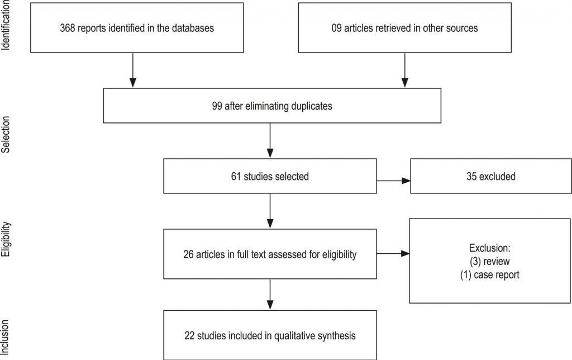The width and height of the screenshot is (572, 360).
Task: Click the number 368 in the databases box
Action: click(68, 28)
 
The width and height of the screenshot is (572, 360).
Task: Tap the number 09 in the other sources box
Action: click(336, 28)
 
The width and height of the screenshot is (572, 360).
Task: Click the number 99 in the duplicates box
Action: click(217, 106)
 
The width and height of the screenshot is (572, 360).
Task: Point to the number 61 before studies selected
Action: click(236, 177)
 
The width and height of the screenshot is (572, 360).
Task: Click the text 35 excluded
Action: click(490, 177)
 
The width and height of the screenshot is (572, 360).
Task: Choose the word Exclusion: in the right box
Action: click(489, 248)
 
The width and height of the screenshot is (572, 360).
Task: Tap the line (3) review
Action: click(489, 262)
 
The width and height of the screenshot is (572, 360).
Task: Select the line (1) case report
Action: click(489, 275)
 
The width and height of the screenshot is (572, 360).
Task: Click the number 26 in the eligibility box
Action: click(188, 254)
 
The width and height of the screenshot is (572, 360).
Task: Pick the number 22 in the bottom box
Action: click(189, 336)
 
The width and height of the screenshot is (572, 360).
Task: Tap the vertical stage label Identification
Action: click(6, 25)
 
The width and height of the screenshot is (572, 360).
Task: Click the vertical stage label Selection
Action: click(6, 134)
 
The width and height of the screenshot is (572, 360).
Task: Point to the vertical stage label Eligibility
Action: click(6, 239)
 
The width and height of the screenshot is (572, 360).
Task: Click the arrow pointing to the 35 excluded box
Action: click(393, 181)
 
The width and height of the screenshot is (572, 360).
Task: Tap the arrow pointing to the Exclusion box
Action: click(393, 253)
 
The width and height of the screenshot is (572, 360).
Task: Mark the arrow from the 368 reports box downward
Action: click(133, 70)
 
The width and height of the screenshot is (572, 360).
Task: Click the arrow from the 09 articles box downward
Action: click(404, 70)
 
